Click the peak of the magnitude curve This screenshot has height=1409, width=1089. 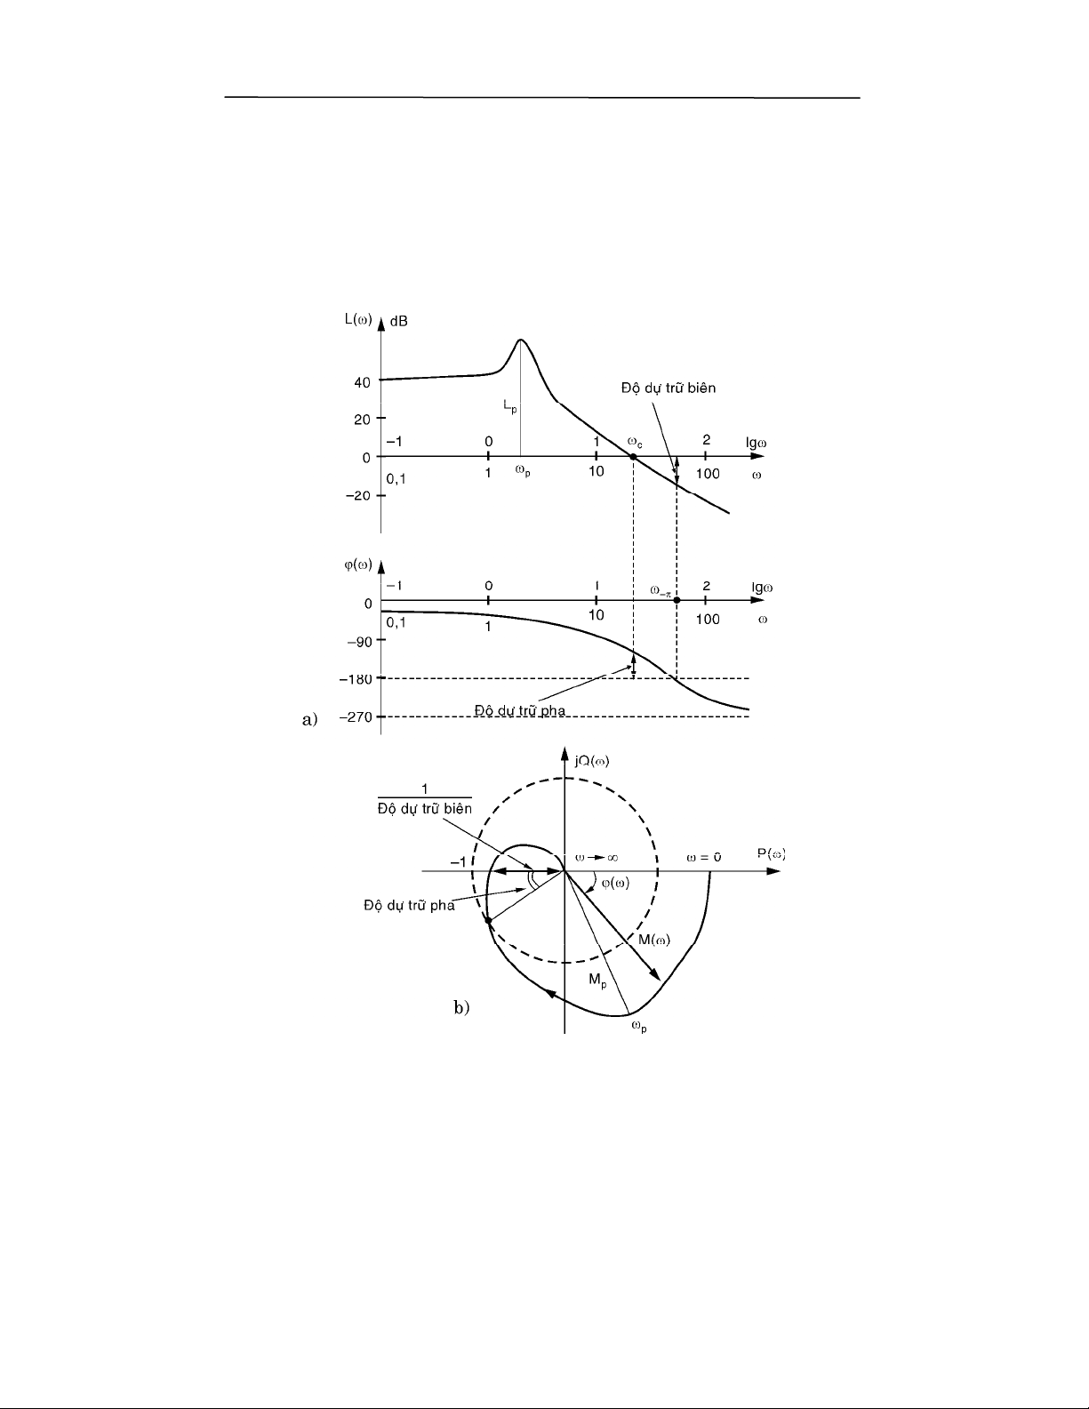(x=521, y=340)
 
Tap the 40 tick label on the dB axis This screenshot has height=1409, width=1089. (x=363, y=382)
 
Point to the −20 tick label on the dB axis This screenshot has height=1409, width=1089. (x=357, y=495)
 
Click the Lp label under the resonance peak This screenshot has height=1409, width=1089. (x=510, y=407)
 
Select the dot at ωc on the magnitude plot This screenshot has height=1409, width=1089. (x=633, y=457)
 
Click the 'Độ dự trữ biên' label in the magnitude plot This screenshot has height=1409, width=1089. (x=669, y=388)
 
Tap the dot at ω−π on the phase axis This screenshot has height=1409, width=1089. (x=677, y=600)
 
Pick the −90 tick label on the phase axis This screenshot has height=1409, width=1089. (x=360, y=642)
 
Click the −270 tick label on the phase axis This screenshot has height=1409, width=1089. (x=356, y=717)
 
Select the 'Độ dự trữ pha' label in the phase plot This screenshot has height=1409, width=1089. (x=520, y=710)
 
